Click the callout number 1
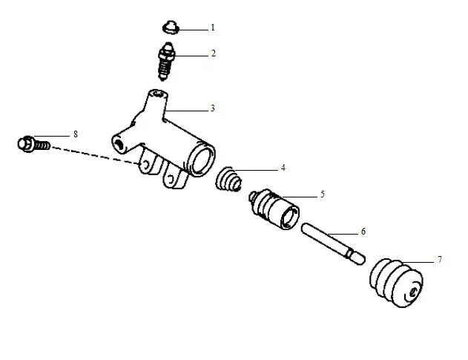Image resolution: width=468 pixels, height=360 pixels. tap(212, 27)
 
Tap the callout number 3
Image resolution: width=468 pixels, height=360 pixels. tap(212, 108)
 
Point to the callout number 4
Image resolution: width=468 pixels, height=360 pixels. tap(283, 168)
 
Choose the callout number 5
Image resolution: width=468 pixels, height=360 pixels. tap(323, 194)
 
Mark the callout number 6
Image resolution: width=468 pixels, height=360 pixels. tap(363, 232)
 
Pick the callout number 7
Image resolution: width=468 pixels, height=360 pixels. tap(439, 260)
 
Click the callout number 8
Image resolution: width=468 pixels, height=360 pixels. tap(75, 134)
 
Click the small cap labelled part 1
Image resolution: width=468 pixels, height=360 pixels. tap(171, 28)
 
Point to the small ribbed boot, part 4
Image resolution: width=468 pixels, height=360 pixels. tap(228, 180)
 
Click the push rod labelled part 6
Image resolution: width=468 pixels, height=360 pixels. tap(332, 240)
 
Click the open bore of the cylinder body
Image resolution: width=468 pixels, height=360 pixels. tap(201, 157)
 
